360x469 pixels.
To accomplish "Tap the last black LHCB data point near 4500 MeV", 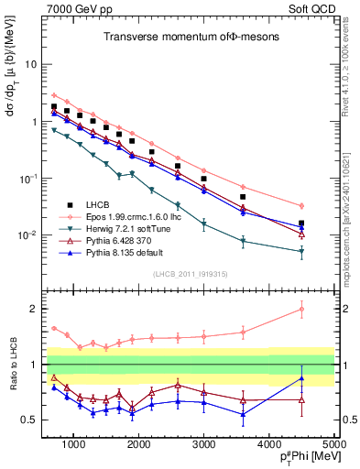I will click(x=302, y=224).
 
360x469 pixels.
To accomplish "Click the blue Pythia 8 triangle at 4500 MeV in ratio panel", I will click(x=302, y=378).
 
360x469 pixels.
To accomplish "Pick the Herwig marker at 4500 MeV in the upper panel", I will click(x=302, y=251).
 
